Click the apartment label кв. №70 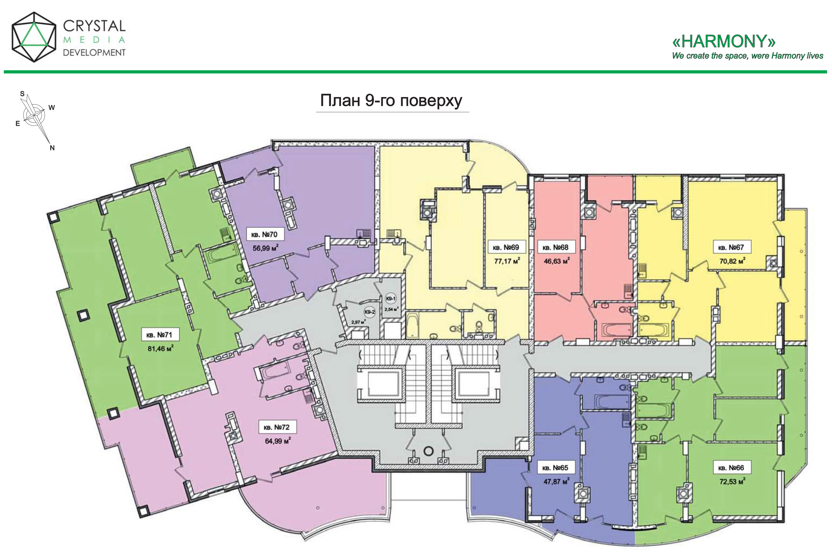coord(264,234)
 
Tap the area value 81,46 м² coord(160,349)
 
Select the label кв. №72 coord(277,427)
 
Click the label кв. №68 coord(555,247)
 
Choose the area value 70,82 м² coord(732,261)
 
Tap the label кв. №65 coord(555,468)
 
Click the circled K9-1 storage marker coord(391,299)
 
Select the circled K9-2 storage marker coord(369,312)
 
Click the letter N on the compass coord(52,148)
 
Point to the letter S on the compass coord(22,94)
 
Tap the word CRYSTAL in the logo coord(94,26)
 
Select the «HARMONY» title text coord(724,41)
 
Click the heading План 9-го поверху coord(391,101)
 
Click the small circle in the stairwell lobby coord(428,451)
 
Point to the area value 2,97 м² coord(358,322)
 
